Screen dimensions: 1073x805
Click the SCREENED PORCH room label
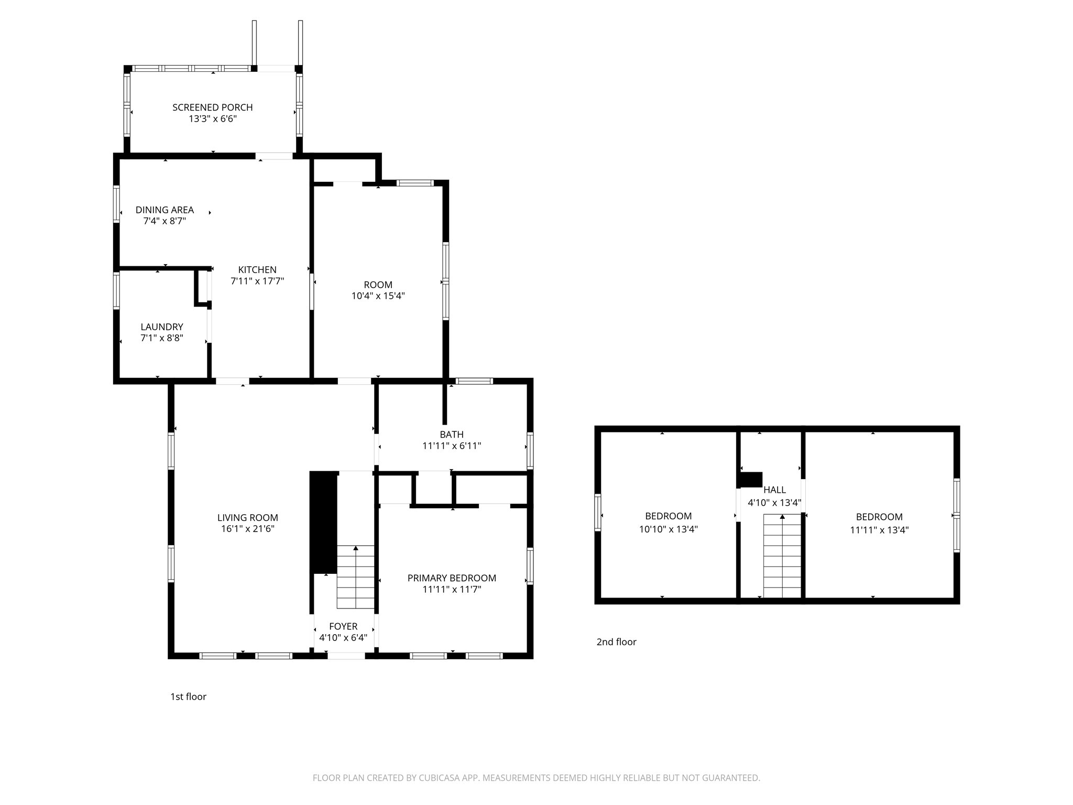[x=213, y=107]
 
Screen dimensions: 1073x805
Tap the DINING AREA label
[x=165, y=210]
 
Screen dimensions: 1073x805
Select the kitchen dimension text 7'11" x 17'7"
[x=257, y=281]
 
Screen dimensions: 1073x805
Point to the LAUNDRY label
[x=162, y=327]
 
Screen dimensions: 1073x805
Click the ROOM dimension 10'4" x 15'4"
[x=378, y=296]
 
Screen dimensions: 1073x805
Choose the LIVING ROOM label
[x=248, y=518]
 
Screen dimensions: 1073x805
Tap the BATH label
[x=452, y=434]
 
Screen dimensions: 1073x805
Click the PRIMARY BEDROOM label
[x=452, y=578]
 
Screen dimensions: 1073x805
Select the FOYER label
[x=343, y=626]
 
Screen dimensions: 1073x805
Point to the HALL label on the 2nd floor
[x=774, y=490]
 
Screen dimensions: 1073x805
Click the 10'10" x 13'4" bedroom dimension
[x=668, y=530]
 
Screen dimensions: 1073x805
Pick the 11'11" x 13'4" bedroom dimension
[x=879, y=530]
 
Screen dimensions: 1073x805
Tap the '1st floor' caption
[x=188, y=697]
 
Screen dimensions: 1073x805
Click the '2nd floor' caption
[x=616, y=642]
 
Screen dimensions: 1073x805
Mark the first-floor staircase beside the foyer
[x=356, y=577]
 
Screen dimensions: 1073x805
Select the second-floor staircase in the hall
[x=782, y=556]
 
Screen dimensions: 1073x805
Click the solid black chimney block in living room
[x=324, y=523]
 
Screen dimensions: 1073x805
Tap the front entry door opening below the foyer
[x=346, y=656]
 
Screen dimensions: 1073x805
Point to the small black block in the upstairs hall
[x=750, y=480]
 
